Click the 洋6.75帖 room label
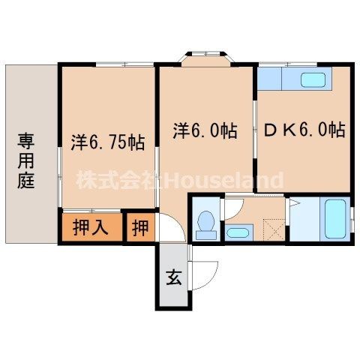click(x=108, y=140)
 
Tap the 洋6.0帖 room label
click(x=206, y=130)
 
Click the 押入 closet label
click(x=91, y=227)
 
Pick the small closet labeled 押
click(x=140, y=227)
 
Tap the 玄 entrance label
click(x=172, y=278)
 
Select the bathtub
click(x=334, y=219)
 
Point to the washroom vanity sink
click(x=238, y=231)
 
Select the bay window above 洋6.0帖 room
click(x=205, y=57)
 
